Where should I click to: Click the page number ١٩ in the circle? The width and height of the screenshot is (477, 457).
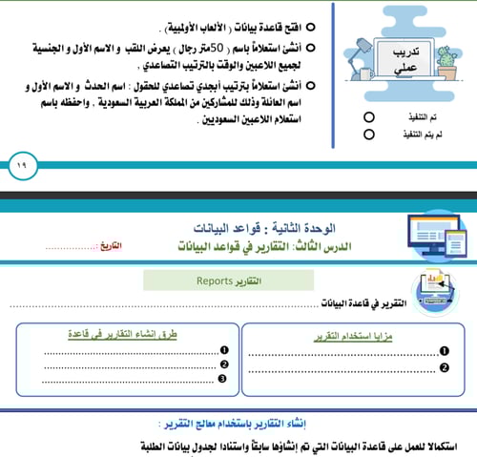(x=21, y=165)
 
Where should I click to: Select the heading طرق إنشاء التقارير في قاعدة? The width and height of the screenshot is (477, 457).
(x=134, y=336)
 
